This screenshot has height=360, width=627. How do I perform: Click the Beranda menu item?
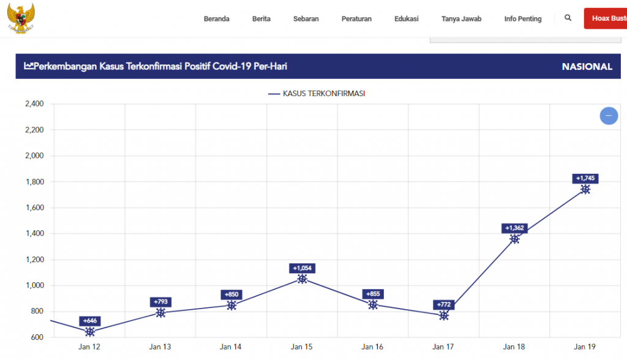pyautogui.click(x=216, y=19)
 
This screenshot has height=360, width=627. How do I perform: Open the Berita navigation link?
pyautogui.click(x=261, y=19)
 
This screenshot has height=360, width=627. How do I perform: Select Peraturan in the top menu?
pyautogui.click(x=356, y=19)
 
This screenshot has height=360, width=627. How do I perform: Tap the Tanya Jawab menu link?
pyautogui.click(x=461, y=19)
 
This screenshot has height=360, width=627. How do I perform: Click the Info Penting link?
pyautogui.click(x=523, y=19)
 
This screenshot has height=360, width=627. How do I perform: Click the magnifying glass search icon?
pyautogui.click(x=568, y=18)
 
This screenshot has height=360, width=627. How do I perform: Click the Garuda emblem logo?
pyautogui.click(x=21, y=17)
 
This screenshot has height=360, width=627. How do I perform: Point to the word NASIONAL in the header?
pyautogui.click(x=587, y=67)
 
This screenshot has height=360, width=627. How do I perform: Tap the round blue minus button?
pyautogui.click(x=608, y=116)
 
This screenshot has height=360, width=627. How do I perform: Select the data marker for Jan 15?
pyautogui.click(x=302, y=279)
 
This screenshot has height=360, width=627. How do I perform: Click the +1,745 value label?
pyautogui.click(x=585, y=178)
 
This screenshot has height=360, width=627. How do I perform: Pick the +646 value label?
pyautogui.click(x=90, y=321)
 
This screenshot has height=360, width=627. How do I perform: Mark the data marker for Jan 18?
pyautogui.click(x=514, y=239)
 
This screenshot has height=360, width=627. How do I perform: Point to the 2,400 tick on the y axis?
pyautogui.click(x=34, y=104)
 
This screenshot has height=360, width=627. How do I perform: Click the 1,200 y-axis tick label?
pyautogui.click(x=34, y=260)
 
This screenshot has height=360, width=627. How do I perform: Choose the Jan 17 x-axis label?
pyautogui.click(x=443, y=347)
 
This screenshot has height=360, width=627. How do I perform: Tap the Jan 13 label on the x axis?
pyautogui.click(x=160, y=347)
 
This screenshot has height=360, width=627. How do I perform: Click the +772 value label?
pyautogui.click(x=443, y=304)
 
